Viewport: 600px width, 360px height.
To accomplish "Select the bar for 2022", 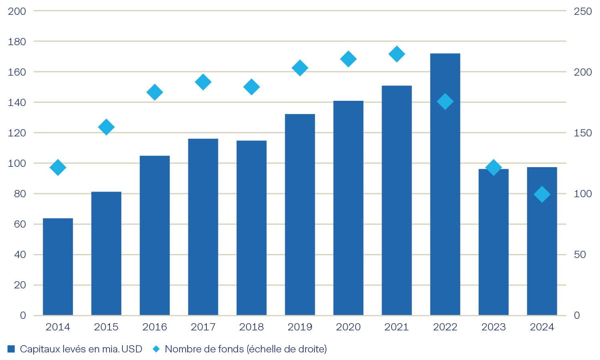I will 445,184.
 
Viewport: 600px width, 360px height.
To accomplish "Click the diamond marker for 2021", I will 396,54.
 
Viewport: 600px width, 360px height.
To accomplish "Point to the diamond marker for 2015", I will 106,127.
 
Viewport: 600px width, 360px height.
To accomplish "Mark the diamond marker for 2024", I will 542,194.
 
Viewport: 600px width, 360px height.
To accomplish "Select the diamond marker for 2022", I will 445,102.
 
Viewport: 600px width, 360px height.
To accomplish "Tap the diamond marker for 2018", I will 251,87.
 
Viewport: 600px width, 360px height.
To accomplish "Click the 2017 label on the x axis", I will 203,327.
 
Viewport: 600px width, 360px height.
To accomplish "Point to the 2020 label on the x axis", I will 348,327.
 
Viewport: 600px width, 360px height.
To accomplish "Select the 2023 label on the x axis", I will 493,327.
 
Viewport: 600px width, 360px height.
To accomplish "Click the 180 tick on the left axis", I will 17,42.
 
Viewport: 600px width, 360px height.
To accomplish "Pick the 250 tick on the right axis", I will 582,11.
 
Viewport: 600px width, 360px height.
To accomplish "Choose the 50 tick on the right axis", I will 580,254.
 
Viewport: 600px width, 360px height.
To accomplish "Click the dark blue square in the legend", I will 11,349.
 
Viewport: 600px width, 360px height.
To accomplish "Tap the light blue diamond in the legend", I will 156,349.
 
